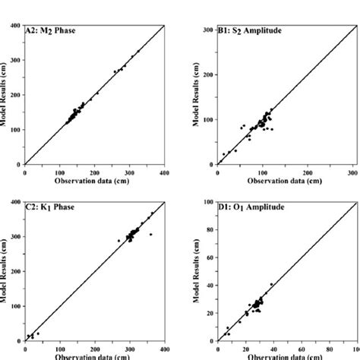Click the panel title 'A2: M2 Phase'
tap(51, 32)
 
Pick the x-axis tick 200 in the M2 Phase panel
tap(95, 171)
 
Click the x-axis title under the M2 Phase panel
tap(95, 181)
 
